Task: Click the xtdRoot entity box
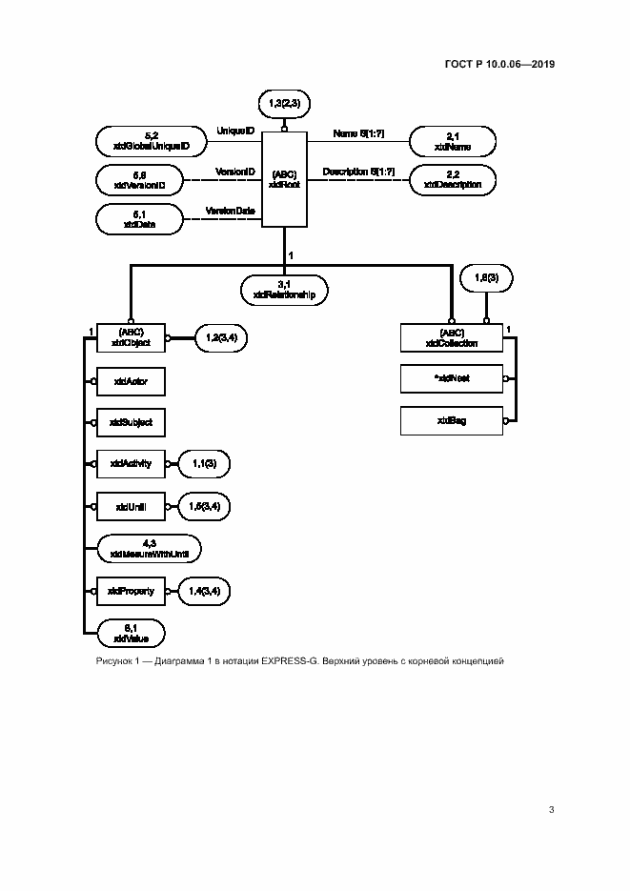[284, 179]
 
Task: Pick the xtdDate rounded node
[139, 219]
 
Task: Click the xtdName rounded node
[453, 142]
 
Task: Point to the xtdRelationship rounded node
[284, 290]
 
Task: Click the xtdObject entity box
[131, 337]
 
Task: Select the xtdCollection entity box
[452, 337]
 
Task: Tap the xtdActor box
[131, 381]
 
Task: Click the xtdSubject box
[131, 421]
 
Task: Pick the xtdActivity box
[131, 464]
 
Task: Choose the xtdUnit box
[131, 506]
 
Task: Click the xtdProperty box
[131, 592]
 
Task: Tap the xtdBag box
[452, 419]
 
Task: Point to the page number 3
[551, 810]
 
